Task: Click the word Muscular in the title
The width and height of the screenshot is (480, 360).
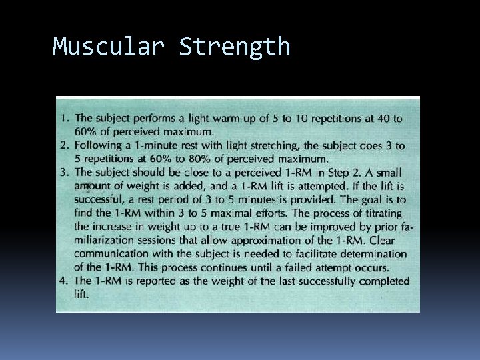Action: pyautogui.click(x=109, y=47)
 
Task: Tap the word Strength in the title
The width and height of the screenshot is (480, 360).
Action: pyautogui.click(x=235, y=47)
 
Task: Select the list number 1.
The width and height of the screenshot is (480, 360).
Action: pyautogui.click(x=64, y=118)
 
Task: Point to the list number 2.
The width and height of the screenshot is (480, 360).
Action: pyautogui.click(x=64, y=145)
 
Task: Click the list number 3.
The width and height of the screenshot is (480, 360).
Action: pyautogui.click(x=64, y=172)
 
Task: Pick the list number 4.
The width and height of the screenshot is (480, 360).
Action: pyautogui.click(x=64, y=281)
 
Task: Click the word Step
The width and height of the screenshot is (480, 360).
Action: pyautogui.click(x=341, y=172)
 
